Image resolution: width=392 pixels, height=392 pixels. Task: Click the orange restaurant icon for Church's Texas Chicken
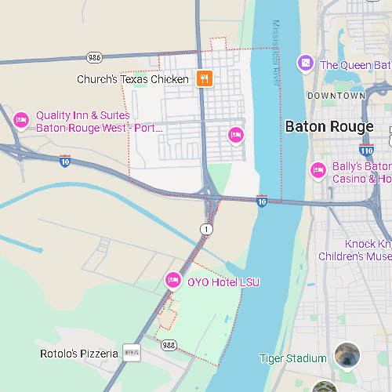204,78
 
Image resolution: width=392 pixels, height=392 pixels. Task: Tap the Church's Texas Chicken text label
132,79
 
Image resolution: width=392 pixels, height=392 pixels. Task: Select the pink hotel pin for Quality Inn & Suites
21,120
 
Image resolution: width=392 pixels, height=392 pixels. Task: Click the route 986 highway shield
95,57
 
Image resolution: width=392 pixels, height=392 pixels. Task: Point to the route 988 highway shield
169,343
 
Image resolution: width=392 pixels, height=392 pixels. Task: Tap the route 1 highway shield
205,228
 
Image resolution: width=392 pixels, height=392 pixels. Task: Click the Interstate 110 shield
366,148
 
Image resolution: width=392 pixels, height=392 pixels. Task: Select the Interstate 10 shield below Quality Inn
65,161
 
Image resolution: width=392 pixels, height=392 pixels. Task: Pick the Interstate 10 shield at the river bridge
263,201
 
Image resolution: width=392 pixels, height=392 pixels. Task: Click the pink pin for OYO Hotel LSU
172,280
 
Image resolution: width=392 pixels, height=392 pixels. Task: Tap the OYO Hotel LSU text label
223,282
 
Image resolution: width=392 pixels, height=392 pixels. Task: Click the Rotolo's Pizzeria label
79,354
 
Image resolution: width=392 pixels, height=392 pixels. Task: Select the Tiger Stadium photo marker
347,355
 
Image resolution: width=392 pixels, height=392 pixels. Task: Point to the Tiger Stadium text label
292,358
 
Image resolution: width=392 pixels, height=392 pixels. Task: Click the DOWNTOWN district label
336,96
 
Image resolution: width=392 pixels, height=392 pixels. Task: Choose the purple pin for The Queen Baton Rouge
304,63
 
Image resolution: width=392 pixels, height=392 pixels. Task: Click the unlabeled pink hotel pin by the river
235,135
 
